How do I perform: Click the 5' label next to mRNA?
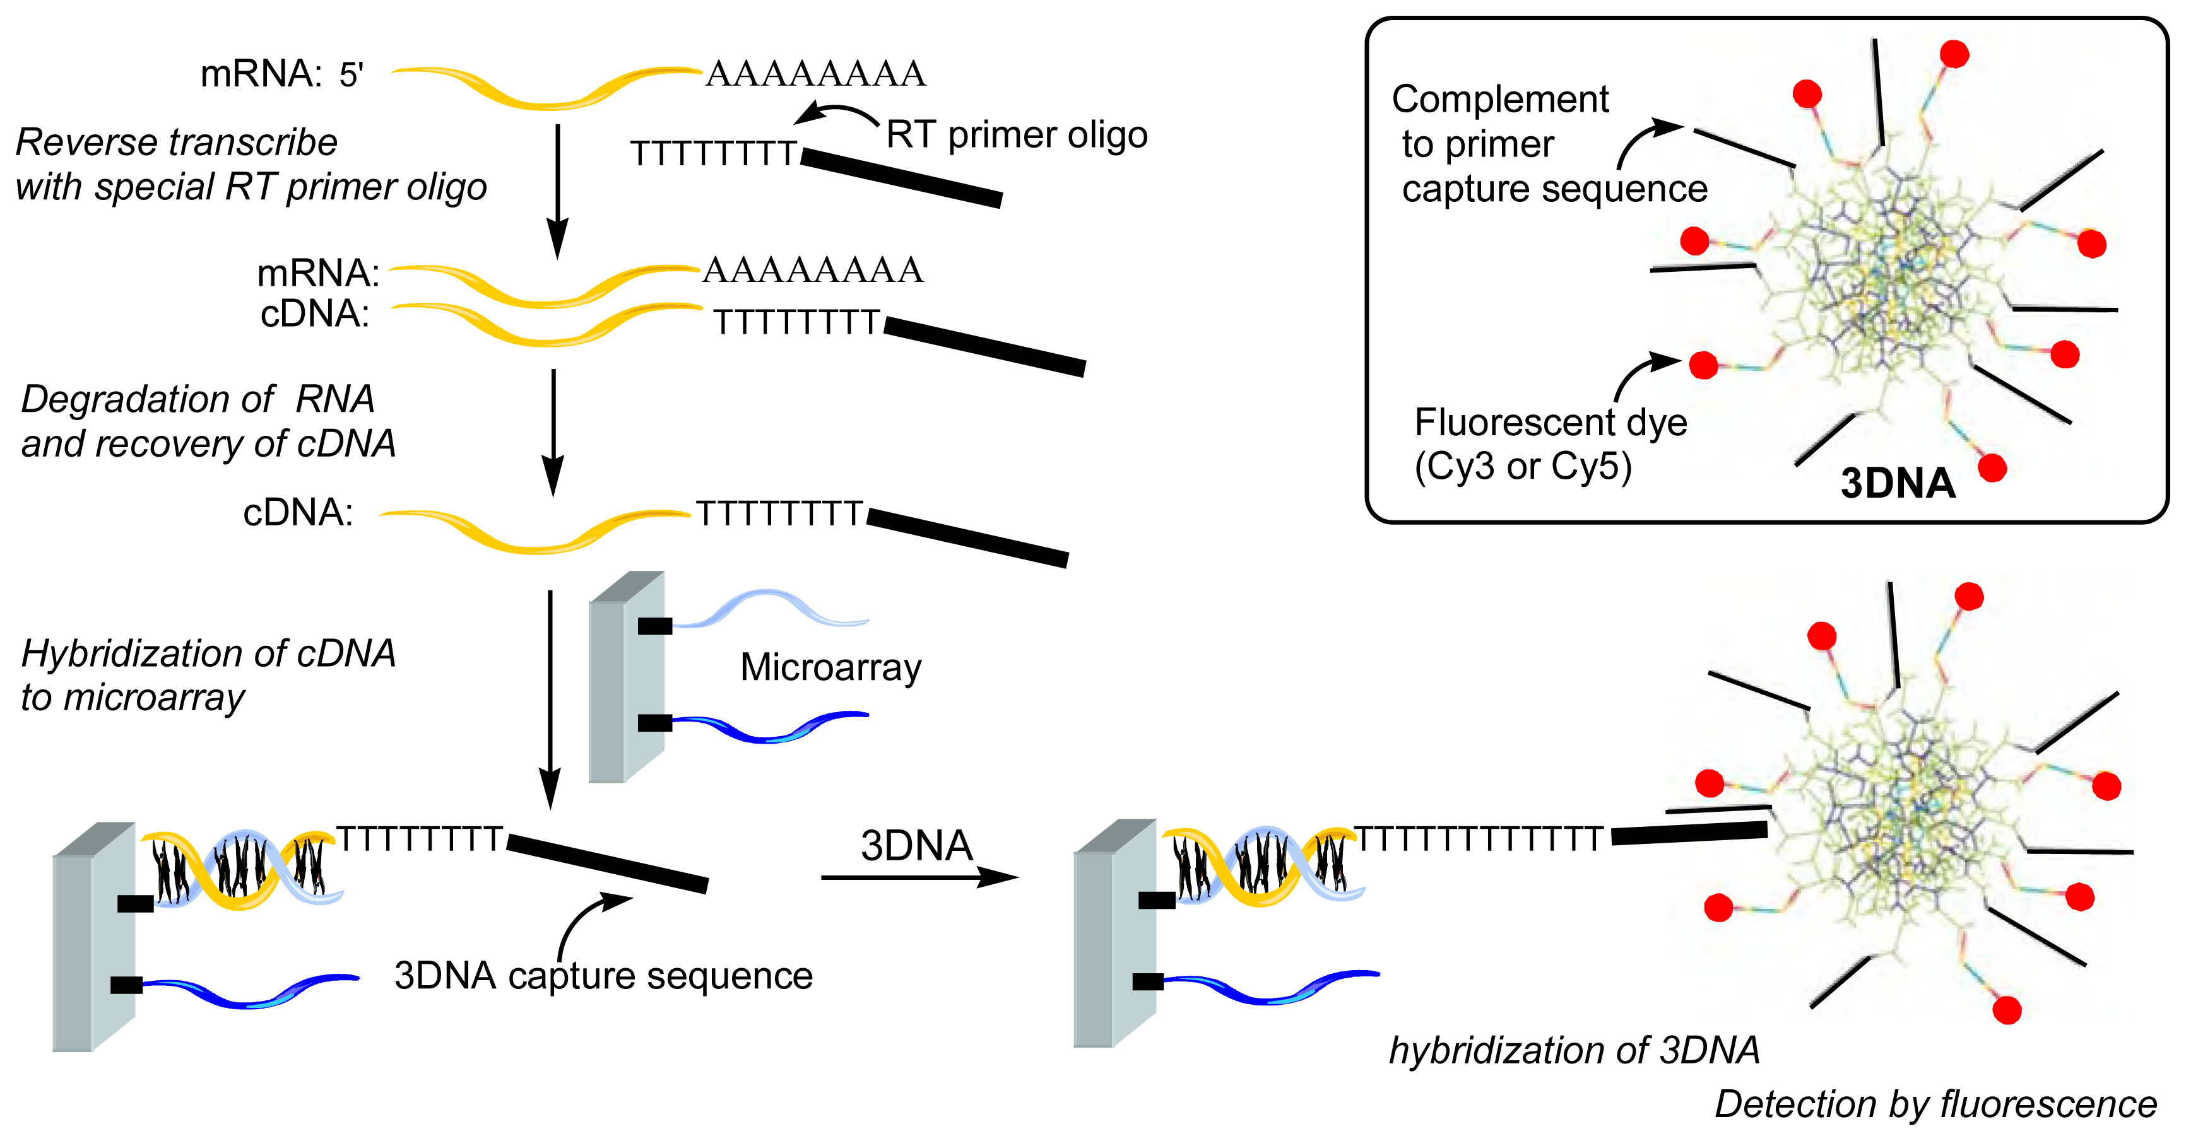(x=352, y=76)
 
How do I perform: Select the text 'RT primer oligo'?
(x=1017, y=134)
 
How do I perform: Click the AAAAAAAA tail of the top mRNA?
(x=815, y=74)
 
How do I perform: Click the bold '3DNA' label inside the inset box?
(x=1898, y=484)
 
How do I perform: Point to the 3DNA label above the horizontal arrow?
(x=916, y=846)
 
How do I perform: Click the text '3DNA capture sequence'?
(x=603, y=976)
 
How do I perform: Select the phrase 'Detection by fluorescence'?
(x=1935, y=1104)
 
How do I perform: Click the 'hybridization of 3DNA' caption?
(x=1574, y=1050)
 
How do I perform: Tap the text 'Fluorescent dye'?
(x=1551, y=421)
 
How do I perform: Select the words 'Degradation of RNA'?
(x=198, y=399)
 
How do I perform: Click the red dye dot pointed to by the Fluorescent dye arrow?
(x=1703, y=365)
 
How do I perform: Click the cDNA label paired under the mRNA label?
(x=315, y=314)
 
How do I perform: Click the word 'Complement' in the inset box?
(x=1499, y=99)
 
